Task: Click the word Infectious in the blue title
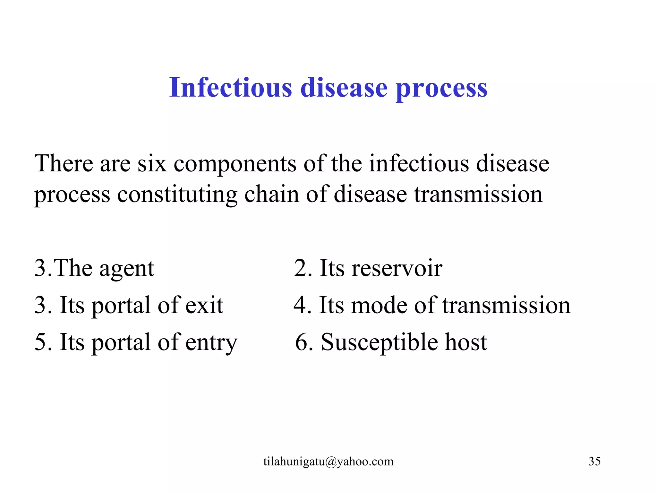[x=230, y=87]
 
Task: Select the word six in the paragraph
[x=152, y=164]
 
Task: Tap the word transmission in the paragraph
[x=478, y=195]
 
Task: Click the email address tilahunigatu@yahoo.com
[x=328, y=462]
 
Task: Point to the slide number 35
[x=594, y=461]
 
